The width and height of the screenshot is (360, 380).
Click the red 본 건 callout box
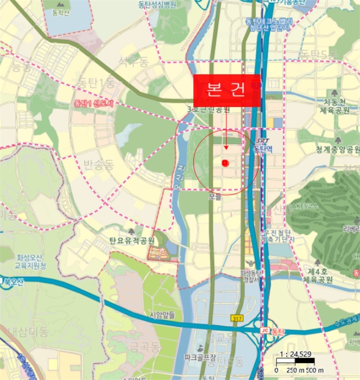[227, 90]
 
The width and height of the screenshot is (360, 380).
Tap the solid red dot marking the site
[225, 163]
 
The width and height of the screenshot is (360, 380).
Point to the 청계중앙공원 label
[338, 149]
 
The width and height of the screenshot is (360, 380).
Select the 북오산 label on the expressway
[14, 282]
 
